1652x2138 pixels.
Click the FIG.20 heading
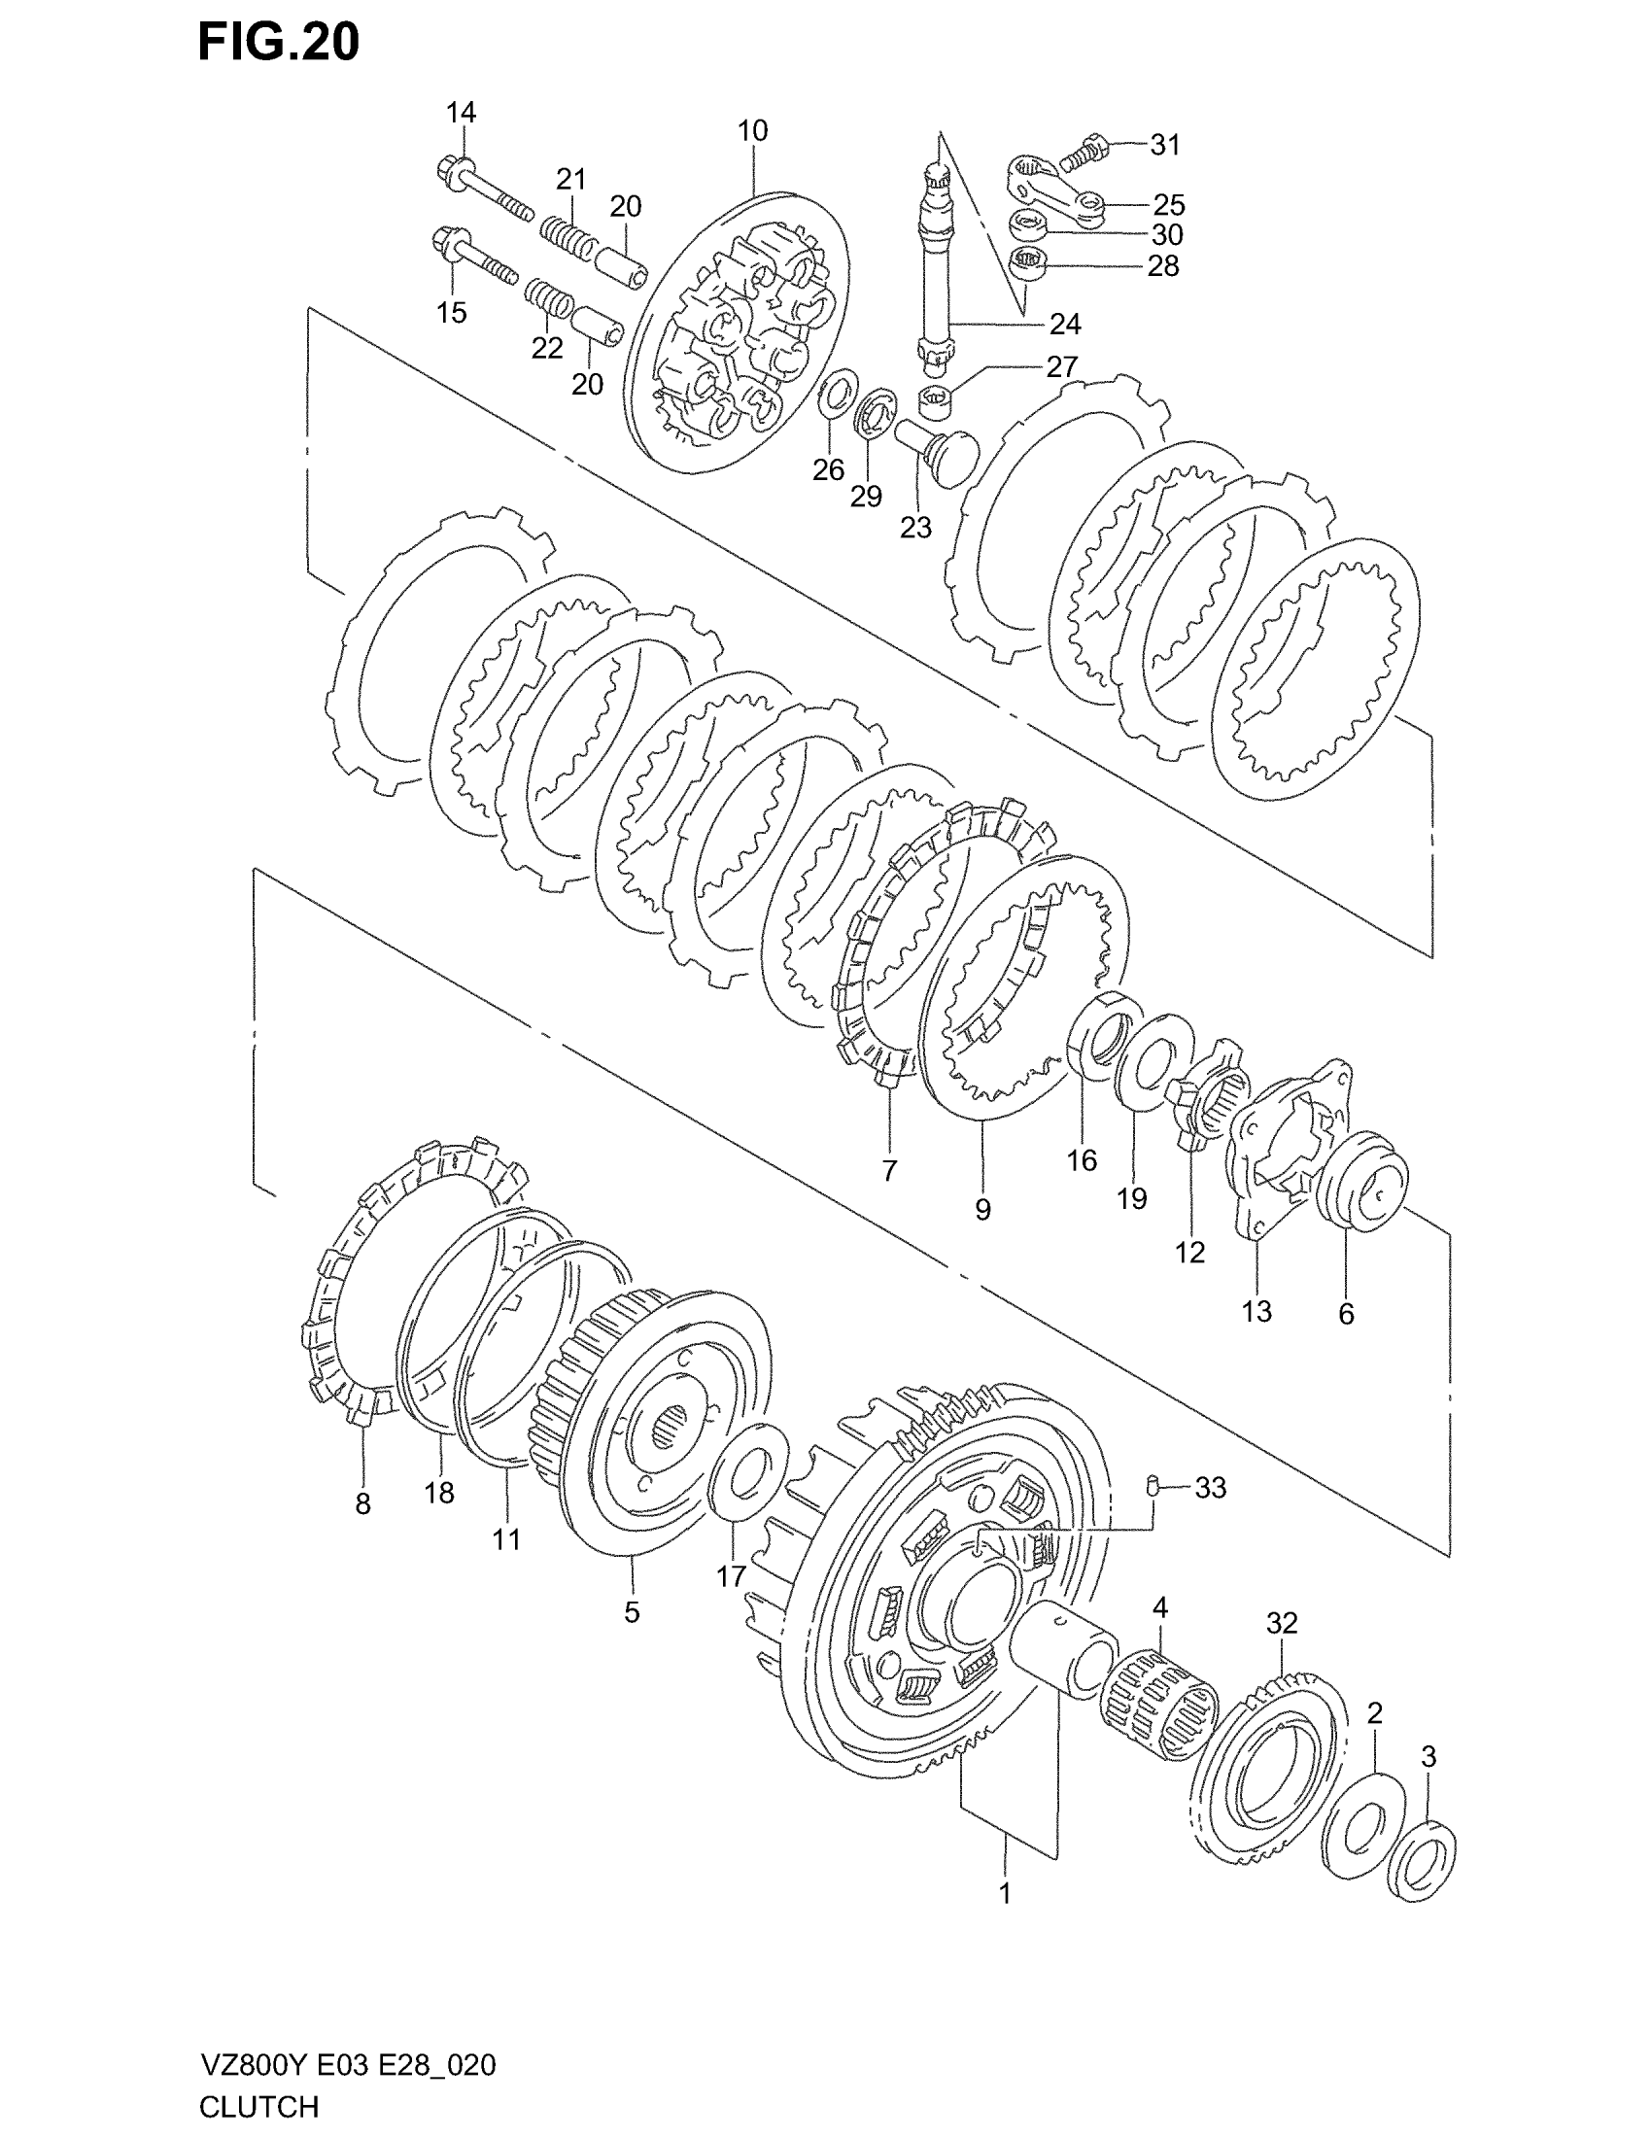tap(279, 43)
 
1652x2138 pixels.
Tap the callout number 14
tap(461, 113)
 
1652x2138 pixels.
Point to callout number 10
tap(752, 130)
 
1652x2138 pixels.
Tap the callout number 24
tap(1065, 324)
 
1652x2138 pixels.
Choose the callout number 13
tap(1256, 1311)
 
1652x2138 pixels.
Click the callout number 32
tap(1282, 1623)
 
